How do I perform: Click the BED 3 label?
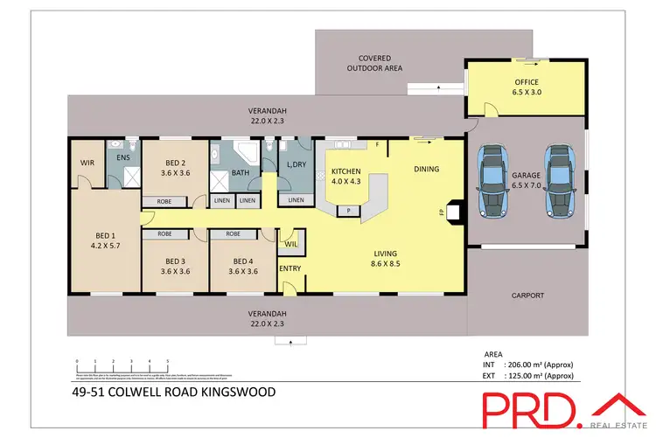point(175,266)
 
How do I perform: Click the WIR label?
point(86,162)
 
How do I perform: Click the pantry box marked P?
point(350,211)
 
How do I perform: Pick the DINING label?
point(426,170)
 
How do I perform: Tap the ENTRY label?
point(290,268)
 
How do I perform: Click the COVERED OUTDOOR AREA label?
point(373,62)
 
